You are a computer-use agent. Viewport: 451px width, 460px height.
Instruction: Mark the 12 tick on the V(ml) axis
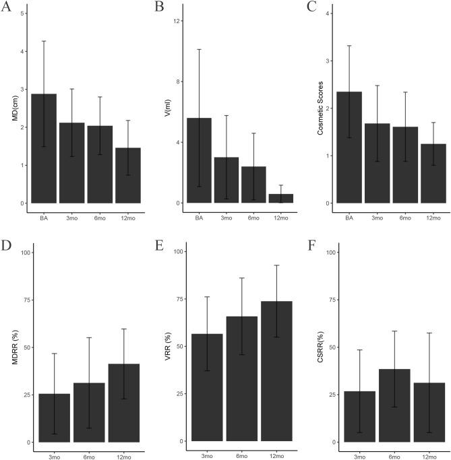[178, 21]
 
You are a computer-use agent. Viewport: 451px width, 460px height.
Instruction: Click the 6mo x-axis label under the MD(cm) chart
[100, 218]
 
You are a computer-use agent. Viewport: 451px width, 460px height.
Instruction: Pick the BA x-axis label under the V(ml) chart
[199, 218]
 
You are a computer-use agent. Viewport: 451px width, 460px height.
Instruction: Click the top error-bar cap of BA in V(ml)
[199, 49]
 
